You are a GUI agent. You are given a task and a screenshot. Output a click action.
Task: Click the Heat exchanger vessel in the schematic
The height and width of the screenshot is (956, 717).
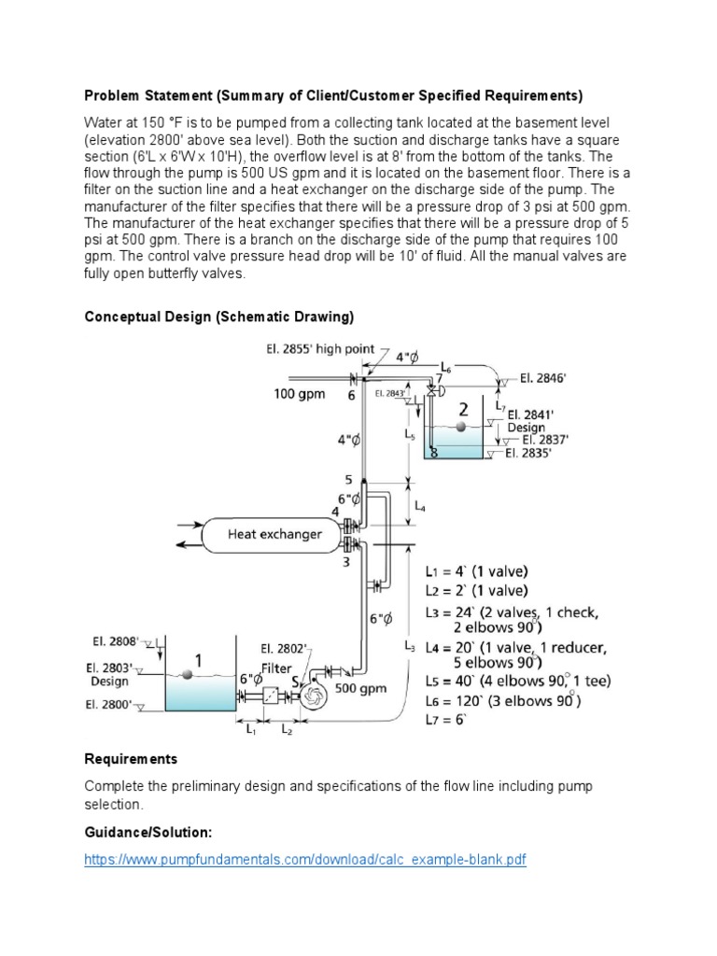tap(274, 535)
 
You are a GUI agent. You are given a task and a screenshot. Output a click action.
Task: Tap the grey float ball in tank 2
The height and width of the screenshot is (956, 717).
tap(457, 426)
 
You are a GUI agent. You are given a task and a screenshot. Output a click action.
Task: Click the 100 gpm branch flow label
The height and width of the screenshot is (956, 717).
tap(300, 394)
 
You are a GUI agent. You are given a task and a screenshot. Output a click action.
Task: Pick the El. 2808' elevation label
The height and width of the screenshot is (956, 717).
tap(116, 641)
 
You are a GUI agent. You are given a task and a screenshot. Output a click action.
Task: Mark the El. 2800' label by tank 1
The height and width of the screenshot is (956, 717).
tap(111, 706)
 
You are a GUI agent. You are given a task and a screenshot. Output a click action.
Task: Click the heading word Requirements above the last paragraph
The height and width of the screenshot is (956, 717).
tap(131, 759)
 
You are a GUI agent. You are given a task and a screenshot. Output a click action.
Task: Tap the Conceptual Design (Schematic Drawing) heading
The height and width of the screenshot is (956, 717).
tap(219, 316)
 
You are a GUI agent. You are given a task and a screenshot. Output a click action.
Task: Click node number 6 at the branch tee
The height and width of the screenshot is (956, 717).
tap(352, 395)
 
